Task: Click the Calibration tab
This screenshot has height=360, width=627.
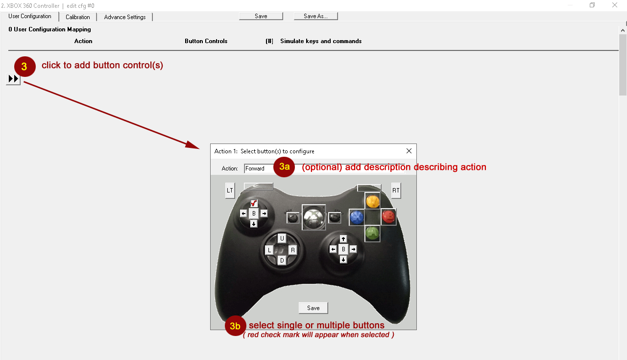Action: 78,17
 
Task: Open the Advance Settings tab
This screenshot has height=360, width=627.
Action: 125,17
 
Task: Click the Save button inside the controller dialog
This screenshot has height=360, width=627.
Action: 313,308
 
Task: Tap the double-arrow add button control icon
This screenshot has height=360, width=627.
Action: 13,79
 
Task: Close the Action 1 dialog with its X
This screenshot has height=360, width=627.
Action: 409,151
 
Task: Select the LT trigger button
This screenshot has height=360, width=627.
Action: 230,191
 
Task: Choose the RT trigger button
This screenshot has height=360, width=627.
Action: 396,191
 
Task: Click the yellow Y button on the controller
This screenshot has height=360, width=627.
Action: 373,201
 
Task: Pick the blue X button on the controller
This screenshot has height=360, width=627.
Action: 357,217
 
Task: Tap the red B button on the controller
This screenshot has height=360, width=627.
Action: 388,216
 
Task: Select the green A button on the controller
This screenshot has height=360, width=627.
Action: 372,233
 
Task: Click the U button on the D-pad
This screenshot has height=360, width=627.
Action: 282,239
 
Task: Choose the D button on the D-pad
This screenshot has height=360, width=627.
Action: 282,261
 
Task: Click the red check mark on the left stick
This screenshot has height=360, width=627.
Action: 254,203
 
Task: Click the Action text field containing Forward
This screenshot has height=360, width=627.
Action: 325,168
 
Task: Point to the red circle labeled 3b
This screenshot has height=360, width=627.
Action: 235,326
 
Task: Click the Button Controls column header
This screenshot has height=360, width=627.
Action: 206,41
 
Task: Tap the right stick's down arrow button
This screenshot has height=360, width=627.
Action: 343,260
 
